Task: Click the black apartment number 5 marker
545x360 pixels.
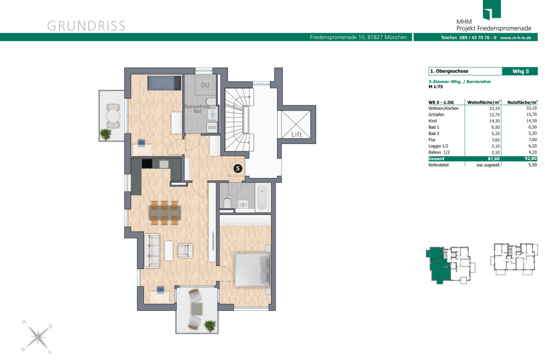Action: (x=238, y=168)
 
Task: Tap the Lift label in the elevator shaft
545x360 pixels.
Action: (x=297, y=134)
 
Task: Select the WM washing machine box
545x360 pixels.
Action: (x=212, y=128)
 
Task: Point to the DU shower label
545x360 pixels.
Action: (x=205, y=85)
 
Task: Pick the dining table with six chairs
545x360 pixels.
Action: (x=165, y=212)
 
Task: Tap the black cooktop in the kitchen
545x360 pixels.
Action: (x=147, y=164)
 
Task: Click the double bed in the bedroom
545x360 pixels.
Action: (x=253, y=270)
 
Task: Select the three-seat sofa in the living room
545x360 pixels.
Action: (x=152, y=251)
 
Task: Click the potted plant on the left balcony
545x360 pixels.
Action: (x=105, y=134)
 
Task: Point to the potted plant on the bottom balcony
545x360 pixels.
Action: (x=210, y=326)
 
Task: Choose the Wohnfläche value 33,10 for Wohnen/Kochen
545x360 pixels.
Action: (x=495, y=108)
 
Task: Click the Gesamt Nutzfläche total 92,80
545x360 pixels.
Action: (x=530, y=158)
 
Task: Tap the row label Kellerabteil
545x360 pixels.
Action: (x=438, y=165)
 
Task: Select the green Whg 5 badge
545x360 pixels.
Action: (x=520, y=71)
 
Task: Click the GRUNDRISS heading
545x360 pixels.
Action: (x=86, y=26)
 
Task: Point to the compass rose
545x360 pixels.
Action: (x=37, y=337)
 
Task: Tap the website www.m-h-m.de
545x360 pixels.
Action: (x=515, y=38)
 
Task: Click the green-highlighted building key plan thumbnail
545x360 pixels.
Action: (x=451, y=265)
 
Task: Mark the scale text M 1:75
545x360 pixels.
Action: (x=436, y=87)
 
